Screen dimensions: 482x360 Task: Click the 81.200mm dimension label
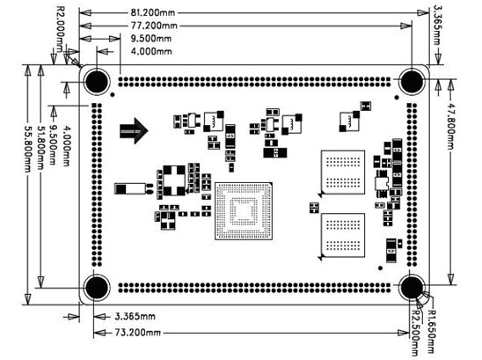(153, 12)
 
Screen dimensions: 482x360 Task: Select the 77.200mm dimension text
(154, 26)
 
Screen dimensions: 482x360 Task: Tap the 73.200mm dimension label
(138, 333)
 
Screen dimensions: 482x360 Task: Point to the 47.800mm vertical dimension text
(450, 125)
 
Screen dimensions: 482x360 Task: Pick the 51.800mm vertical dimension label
(40, 148)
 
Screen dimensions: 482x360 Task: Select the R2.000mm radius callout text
(61, 29)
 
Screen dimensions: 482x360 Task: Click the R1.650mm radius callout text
(432, 331)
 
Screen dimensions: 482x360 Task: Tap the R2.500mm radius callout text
(416, 333)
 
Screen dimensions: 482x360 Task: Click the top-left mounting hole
(97, 82)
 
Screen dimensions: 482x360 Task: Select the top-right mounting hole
(412, 81)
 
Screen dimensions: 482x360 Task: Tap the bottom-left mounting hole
(97, 288)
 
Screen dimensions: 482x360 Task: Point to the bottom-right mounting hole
(412, 287)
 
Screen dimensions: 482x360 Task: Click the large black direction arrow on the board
(134, 130)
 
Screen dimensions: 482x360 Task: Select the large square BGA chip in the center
(244, 210)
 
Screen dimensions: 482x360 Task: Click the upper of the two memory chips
(343, 173)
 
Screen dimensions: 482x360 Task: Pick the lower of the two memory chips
(343, 236)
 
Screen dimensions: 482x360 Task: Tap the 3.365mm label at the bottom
(135, 316)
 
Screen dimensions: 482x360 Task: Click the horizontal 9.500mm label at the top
(151, 39)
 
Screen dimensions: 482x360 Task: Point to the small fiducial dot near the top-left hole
(113, 95)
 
